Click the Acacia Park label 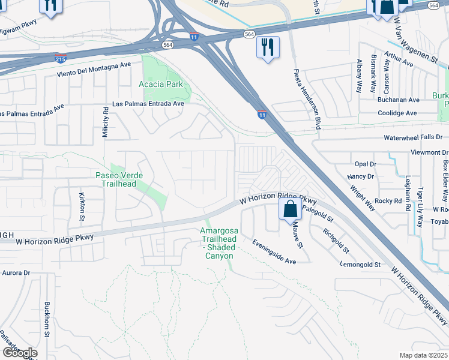pyautogui.click(x=160, y=85)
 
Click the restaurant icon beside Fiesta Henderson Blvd pyautogui.click(x=268, y=47)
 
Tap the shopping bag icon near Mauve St pyautogui.click(x=290, y=209)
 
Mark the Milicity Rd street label pyautogui.click(x=106, y=122)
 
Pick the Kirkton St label pyautogui.click(x=82, y=205)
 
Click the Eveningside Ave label pyautogui.click(x=274, y=253)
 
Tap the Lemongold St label pyautogui.click(x=360, y=265)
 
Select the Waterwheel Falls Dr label pyautogui.click(x=414, y=137)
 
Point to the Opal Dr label pyautogui.click(x=365, y=164)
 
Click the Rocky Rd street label pyautogui.click(x=388, y=200)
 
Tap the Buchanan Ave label pyautogui.click(x=399, y=100)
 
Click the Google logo pyautogui.click(x=19, y=352)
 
